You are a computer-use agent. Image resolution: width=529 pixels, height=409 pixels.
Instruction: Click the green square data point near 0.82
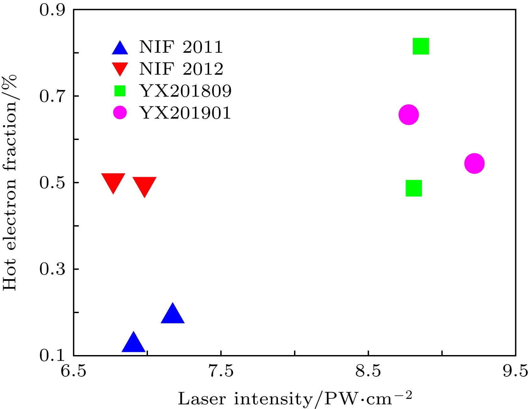[421, 46]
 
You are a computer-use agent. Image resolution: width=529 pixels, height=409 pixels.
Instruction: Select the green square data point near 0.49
[414, 188]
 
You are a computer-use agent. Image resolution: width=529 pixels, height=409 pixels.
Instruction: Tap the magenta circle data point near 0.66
[408, 115]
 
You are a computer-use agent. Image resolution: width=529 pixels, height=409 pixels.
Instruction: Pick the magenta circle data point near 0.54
[474, 163]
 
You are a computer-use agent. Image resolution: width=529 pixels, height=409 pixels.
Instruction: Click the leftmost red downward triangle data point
[113, 182]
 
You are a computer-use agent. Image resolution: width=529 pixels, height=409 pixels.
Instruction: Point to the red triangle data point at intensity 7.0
[144, 185]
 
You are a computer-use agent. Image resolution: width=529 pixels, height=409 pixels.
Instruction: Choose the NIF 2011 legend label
[181, 47]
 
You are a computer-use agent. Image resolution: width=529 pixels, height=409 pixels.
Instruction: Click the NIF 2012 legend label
[181, 69]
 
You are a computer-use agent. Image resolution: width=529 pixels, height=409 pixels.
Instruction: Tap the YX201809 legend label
[186, 91]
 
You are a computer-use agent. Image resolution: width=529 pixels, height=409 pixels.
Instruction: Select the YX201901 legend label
[185, 113]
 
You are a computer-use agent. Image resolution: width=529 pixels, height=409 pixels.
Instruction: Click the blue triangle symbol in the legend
[120, 48]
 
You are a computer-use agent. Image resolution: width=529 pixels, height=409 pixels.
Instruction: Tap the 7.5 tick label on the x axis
[222, 371]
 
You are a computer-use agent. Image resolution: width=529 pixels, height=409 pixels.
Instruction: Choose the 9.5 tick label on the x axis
[515, 371]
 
